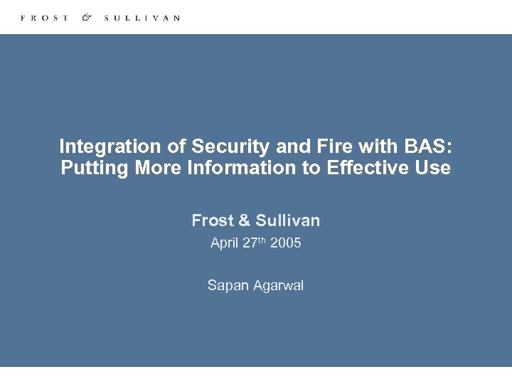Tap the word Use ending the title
[x=434, y=168]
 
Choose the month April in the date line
[x=225, y=243]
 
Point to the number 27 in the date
[x=250, y=243]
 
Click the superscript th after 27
[x=262, y=240]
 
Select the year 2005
[x=286, y=243]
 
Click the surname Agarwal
[x=276, y=286]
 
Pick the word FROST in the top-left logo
[x=45, y=18]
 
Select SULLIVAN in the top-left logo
[x=142, y=18]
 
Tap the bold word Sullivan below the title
[x=287, y=220]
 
